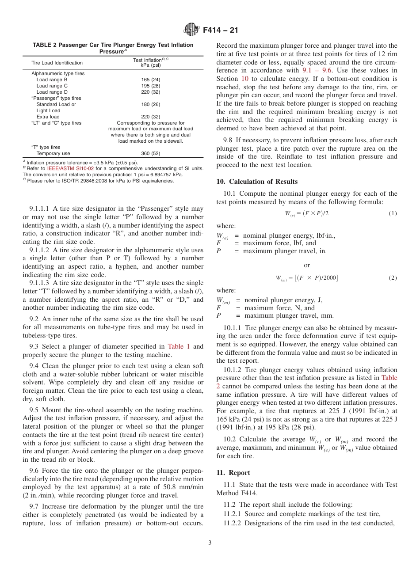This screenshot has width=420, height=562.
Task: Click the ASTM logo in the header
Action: pos(191,30)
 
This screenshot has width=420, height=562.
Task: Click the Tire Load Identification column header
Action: pos(57,63)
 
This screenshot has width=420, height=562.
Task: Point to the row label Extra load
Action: pos(48,117)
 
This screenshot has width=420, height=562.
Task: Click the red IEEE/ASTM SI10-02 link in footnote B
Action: pos(70,168)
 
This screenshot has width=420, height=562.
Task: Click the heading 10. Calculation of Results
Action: pos(257,182)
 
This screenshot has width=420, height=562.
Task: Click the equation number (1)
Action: pos(393,213)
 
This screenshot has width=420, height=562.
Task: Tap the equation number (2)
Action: pos(393,278)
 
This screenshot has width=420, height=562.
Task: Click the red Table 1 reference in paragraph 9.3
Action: pos(179,346)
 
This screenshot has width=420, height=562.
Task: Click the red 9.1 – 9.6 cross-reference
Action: pos(318,70)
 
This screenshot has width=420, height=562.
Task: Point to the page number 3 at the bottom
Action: pos(210,543)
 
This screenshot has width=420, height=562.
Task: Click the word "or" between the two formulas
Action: pos(307,265)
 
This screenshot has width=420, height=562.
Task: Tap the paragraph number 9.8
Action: pos(228,140)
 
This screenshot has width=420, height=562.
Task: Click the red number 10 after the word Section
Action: pos(244,78)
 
